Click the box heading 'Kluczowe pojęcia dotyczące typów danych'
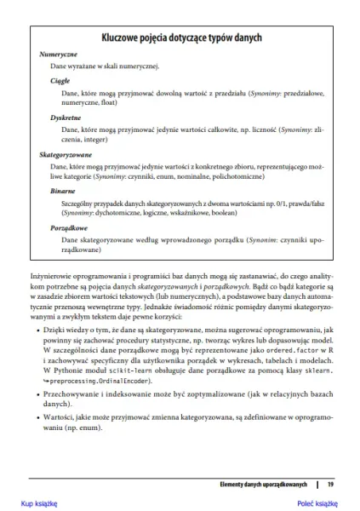point(180,38)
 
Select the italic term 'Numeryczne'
point(59,54)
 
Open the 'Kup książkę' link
point(38,503)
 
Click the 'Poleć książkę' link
point(317,503)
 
